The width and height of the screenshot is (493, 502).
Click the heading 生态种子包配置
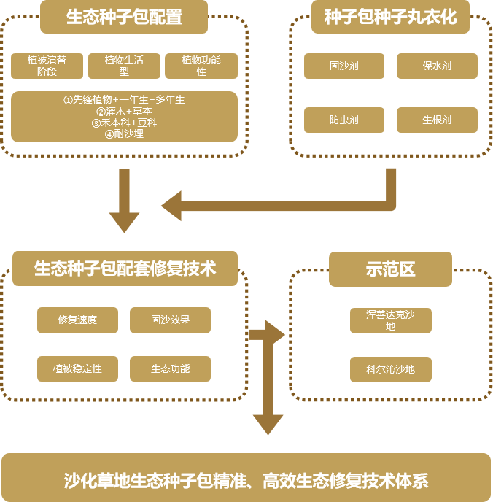(x=124, y=17)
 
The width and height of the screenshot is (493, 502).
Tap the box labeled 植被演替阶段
(x=47, y=66)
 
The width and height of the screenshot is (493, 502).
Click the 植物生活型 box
(x=124, y=66)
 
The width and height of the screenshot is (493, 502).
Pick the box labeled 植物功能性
(x=201, y=66)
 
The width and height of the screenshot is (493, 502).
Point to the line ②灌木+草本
(x=124, y=111)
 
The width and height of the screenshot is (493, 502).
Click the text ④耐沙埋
(x=124, y=134)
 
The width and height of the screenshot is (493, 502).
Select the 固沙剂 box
(x=344, y=66)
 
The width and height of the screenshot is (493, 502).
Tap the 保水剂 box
(x=437, y=66)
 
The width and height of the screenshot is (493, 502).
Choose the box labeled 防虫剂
(x=344, y=120)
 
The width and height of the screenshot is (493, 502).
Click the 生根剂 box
(x=437, y=120)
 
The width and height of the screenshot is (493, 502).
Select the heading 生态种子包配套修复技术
(x=125, y=268)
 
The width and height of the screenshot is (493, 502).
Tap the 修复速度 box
(x=77, y=320)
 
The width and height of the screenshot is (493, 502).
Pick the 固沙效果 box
(x=170, y=320)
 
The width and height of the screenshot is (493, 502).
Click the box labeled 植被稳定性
(x=77, y=368)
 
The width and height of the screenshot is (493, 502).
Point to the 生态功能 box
(x=170, y=368)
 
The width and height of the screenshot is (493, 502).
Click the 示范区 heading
(x=390, y=269)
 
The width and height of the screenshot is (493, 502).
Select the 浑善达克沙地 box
(x=390, y=320)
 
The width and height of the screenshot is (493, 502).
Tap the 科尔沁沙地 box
(x=390, y=369)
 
